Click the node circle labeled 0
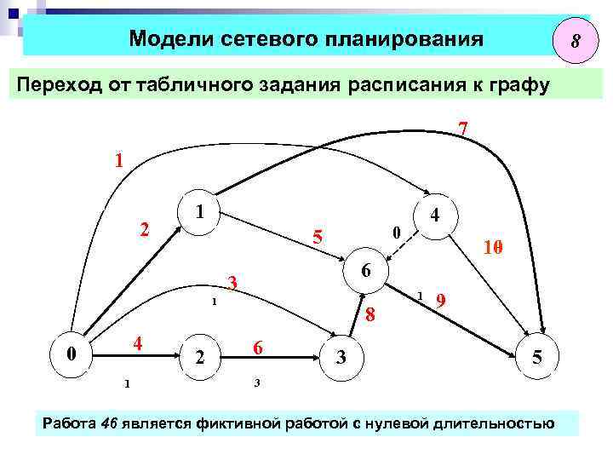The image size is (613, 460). pos(73,352)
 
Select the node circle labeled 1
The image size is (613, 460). pos(198,210)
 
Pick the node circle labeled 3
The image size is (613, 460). pos(341,357)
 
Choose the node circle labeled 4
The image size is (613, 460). pos(434,216)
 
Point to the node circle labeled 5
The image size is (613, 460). pos(537,359)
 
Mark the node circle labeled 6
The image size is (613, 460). pos(364,271)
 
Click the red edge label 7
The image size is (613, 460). pos(461,129)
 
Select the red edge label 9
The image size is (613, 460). pos(440,301)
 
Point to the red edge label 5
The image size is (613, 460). pos(317,238)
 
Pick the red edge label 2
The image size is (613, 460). pos(145,229)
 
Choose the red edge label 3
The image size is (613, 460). pos(232,283)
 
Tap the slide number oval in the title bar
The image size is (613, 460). pos(576,40)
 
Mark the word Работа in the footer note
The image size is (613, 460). pos(69,423)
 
